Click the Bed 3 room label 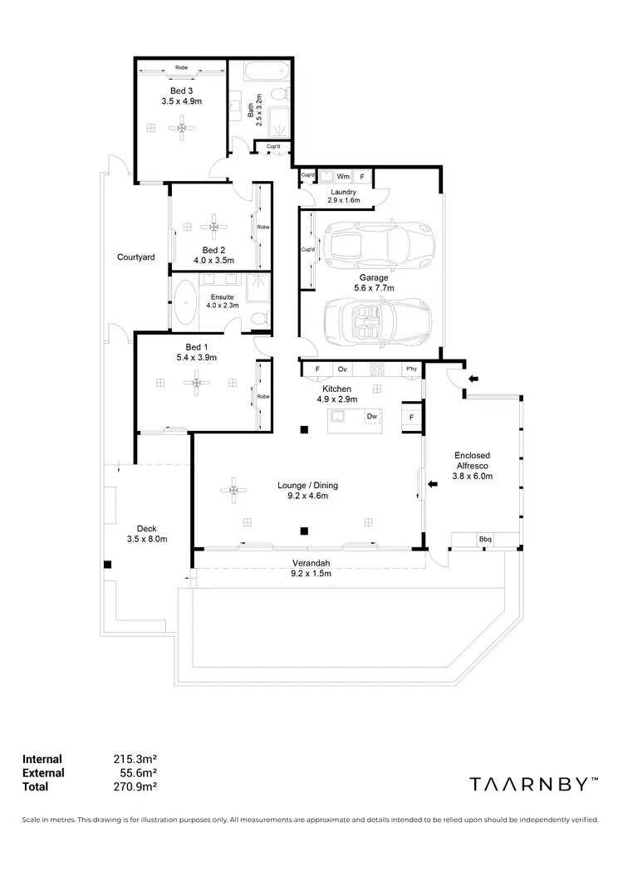181,90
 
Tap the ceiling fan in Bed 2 213,226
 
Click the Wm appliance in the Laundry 342,177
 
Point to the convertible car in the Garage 378,316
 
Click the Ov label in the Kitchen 341,370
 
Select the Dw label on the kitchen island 372,416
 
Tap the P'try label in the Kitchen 410,370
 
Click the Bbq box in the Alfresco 484,540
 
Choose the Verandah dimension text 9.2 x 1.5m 310,574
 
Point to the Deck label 146,528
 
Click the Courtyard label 135,257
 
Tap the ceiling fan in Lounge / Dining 235,492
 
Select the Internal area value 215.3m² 135,758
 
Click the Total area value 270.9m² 135,786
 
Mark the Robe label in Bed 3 181,67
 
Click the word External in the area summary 43,772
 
